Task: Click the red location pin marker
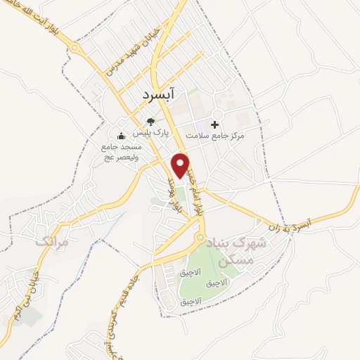(x=181, y=165)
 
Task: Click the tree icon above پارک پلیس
(x=150, y=122)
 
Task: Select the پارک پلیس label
(x=154, y=132)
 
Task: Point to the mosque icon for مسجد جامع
(x=122, y=136)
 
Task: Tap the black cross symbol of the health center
(x=214, y=124)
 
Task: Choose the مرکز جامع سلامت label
(x=215, y=134)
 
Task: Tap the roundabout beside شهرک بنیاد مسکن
(x=200, y=238)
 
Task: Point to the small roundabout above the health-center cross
(x=218, y=112)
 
